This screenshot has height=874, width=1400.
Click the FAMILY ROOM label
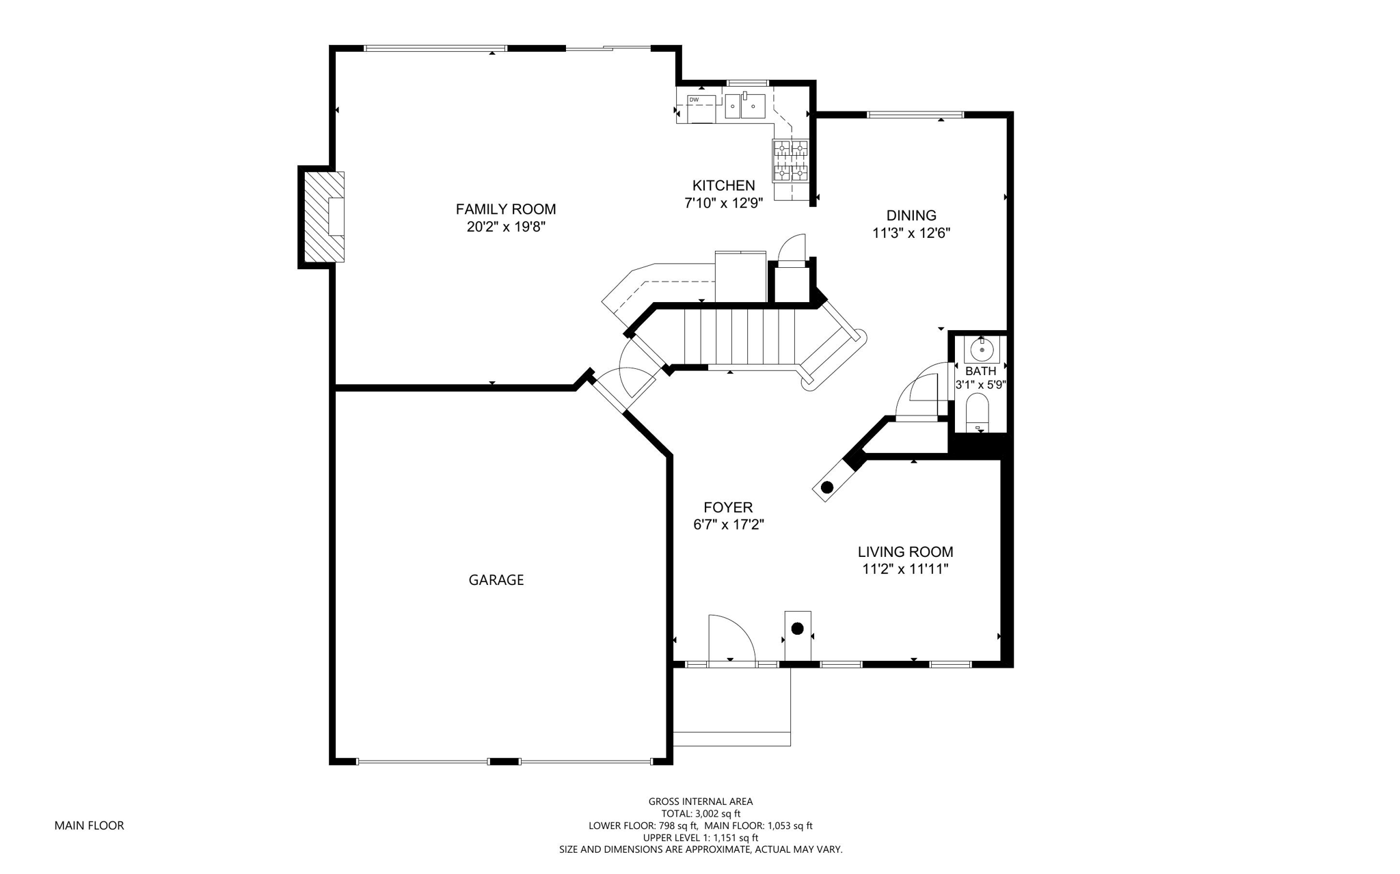[x=506, y=209]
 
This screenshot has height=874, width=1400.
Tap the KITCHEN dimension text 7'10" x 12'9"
[x=723, y=203]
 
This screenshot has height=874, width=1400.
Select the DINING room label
[x=911, y=216]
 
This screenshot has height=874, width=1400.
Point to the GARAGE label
[x=496, y=580]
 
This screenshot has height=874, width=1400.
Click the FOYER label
[x=728, y=508]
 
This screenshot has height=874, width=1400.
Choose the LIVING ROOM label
[x=906, y=552]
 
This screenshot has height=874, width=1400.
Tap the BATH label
[x=981, y=371]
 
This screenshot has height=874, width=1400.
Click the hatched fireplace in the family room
[x=324, y=217]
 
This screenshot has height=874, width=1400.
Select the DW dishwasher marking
[x=694, y=100]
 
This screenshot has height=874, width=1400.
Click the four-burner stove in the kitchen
[x=791, y=161]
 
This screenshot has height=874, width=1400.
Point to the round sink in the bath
[x=982, y=350]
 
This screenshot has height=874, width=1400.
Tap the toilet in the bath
[x=978, y=413]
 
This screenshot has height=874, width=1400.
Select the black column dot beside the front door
[x=797, y=629]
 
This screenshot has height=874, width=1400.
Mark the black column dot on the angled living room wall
[x=827, y=487]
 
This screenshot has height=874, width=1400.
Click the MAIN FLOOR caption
[x=90, y=825]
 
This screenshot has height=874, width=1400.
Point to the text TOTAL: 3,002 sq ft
[x=701, y=814]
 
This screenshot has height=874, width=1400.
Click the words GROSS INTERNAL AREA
[x=701, y=802]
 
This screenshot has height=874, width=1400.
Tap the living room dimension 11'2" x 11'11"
[x=906, y=569]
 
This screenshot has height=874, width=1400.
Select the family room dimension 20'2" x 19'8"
[x=506, y=227]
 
